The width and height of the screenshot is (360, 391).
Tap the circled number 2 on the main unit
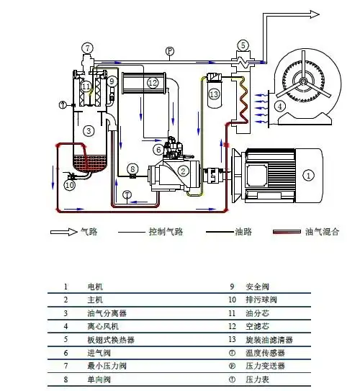tap(184, 171)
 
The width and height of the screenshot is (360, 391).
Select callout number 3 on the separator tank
tap(88, 131)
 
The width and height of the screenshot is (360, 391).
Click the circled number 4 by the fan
tap(279, 106)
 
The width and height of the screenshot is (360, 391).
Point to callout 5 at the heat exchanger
tap(243, 45)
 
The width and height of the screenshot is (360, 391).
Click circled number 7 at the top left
tap(88, 48)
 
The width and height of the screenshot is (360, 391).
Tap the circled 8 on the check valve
tap(132, 169)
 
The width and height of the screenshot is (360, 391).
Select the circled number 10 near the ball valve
tap(70, 185)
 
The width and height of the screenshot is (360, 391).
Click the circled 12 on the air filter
tap(153, 83)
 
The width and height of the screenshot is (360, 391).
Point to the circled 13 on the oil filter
tap(213, 94)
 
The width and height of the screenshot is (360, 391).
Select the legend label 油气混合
tap(323, 232)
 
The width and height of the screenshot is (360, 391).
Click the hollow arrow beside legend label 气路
tap(64, 232)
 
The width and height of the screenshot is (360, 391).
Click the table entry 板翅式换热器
tap(111, 340)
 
